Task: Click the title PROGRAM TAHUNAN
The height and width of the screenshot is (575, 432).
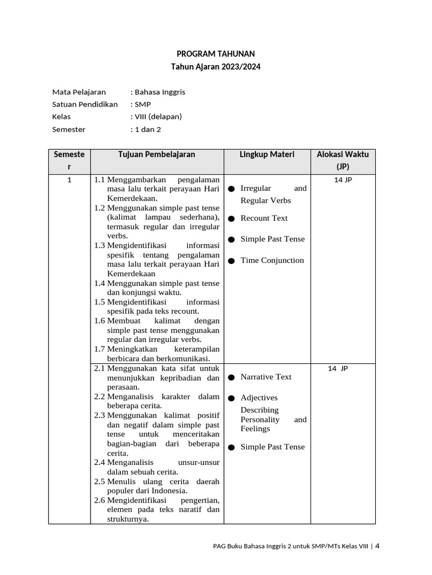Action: [x=215, y=54]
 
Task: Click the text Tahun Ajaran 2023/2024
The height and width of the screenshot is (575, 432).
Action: [x=215, y=67]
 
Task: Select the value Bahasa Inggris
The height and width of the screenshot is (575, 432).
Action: [x=160, y=92]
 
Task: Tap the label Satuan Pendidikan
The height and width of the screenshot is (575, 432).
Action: [x=85, y=104]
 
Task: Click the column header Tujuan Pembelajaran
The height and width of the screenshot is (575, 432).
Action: [x=157, y=154]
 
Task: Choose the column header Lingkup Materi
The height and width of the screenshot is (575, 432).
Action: [x=267, y=154]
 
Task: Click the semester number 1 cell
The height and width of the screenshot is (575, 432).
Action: [x=69, y=180]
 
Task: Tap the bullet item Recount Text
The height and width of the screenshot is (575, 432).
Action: [x=264, y=218]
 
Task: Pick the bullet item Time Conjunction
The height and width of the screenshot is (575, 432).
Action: [x=272, y=260]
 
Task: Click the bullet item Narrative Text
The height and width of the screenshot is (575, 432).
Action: [x=265, y=377]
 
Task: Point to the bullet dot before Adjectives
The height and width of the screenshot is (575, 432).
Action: [x=231, y=399]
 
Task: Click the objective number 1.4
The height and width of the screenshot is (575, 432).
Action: [x=100, y=283]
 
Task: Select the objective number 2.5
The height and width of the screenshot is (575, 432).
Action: [x=100, y=482]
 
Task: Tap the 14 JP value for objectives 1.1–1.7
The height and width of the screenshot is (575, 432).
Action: [x=343, y=180]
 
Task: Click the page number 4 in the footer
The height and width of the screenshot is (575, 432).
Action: [x=377, y=545]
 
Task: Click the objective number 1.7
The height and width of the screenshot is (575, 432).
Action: [x=100, y=349]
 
